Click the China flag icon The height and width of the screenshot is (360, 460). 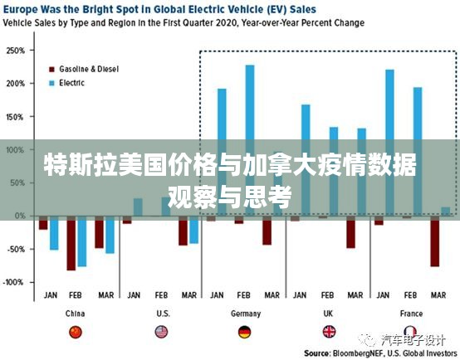76,332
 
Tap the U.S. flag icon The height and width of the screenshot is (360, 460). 161,332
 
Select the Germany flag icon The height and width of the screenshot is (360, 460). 244,332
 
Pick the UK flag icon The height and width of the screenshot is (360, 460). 329,332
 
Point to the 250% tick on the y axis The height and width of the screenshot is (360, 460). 14,50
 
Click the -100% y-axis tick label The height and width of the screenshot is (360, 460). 14,282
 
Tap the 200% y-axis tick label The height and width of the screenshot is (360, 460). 14,83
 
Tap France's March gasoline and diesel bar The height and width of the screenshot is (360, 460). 434,241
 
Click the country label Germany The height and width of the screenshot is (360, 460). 244,314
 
